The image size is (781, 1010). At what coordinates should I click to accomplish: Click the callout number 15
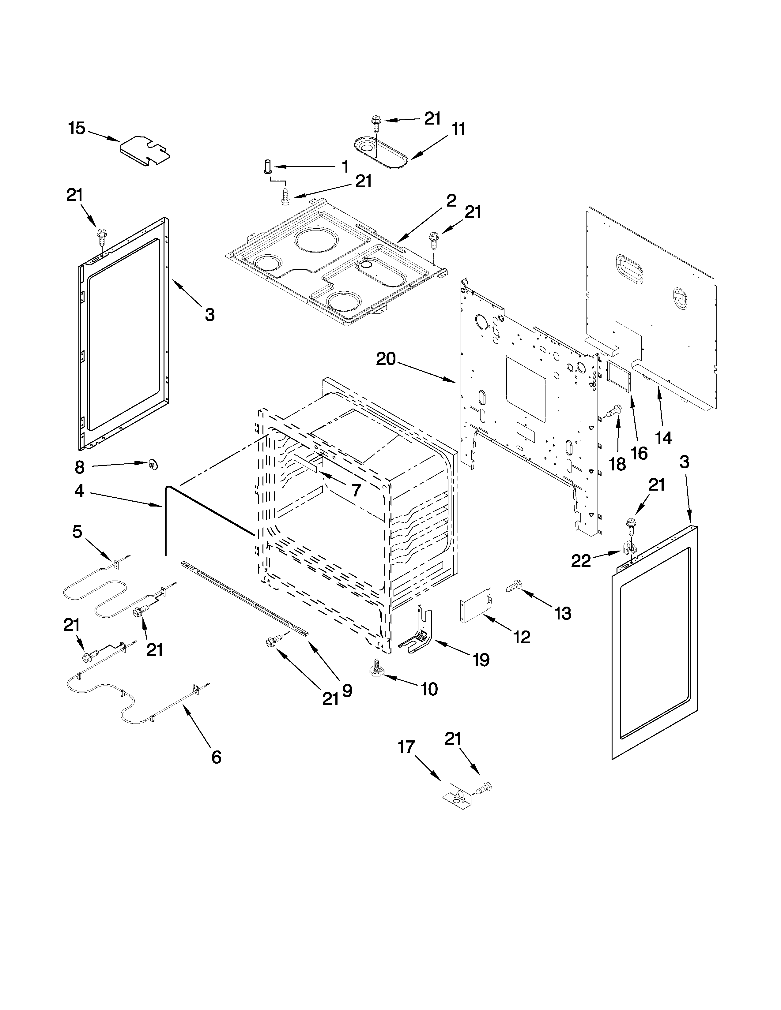pyautogui.click(x=77, y=128)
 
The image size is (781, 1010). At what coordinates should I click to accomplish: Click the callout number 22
pyautogui.click(x=581, y=561)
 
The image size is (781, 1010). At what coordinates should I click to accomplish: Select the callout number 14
pyautogui.click(x=663, y=437)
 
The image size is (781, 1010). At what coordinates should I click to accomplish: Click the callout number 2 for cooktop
pyautogui.click(x=451, y=201)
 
